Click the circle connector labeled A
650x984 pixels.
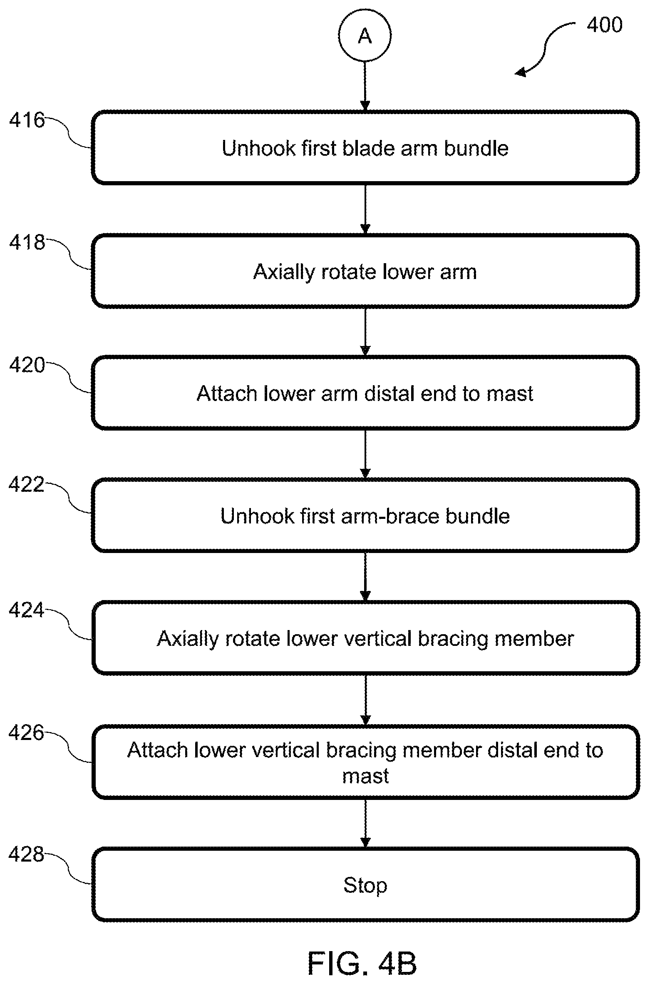click(365, 36)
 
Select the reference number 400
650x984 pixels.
click(604, 25)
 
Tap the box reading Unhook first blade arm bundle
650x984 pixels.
click(365, 148)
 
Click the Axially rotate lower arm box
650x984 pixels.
click(365, 271)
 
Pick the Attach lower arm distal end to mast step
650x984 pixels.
click(365, 393)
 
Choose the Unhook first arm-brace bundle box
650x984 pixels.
click(365, 516)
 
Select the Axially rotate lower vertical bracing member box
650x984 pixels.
click(365, 638)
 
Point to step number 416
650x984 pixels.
click(27, 120)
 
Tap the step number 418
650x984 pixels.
click(27, 242)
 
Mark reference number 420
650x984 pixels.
click(27, 365)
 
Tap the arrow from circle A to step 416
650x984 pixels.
click(365, 87)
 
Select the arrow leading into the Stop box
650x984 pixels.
click(365, 823)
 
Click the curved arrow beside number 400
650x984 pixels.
click(545, 48)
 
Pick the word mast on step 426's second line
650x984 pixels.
click(365, 776)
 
